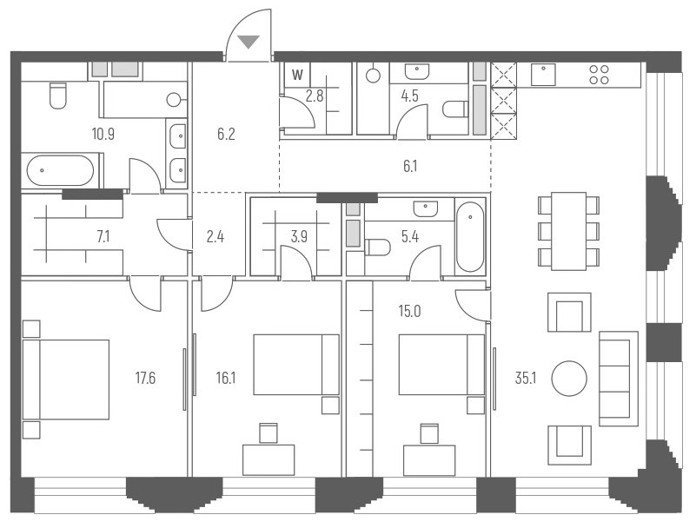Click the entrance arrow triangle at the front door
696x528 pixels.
click(x=249, y=40)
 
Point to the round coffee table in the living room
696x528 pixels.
click(x=570, y=378)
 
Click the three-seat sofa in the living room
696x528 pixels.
click(x=614, y=378)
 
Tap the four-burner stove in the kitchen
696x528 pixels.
click(x=599, y=75)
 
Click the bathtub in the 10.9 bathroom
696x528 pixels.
click(x=59, y=170)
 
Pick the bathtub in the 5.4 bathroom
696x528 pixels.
click(x=470, y=236)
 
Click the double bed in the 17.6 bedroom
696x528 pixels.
click(x=66, y=379)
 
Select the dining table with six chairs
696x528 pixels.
click(x=568, y=231)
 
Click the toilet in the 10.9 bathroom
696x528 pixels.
click(x=58, y=96)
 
